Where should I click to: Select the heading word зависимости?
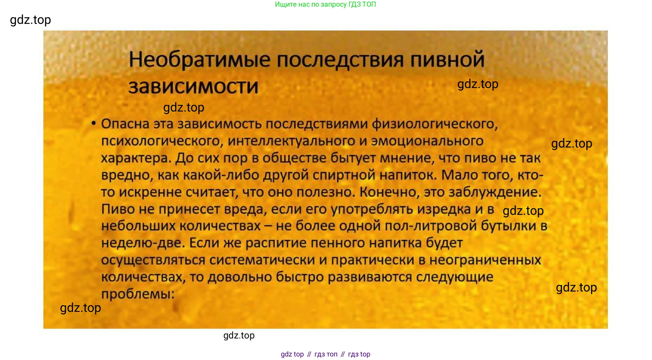tap(194, 86)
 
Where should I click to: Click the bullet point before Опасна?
tap(93, 124)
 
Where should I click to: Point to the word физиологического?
tap(435, 124)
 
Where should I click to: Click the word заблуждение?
tap(495, 192)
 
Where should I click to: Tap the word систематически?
tap(262, 260)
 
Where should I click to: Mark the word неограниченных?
tap(485, 260)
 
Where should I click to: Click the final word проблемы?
tap(138, 294)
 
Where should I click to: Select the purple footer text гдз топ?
tap(326, 354)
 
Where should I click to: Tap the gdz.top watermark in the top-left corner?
tap(31, 20)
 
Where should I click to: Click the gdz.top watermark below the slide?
tap(239, 335)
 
